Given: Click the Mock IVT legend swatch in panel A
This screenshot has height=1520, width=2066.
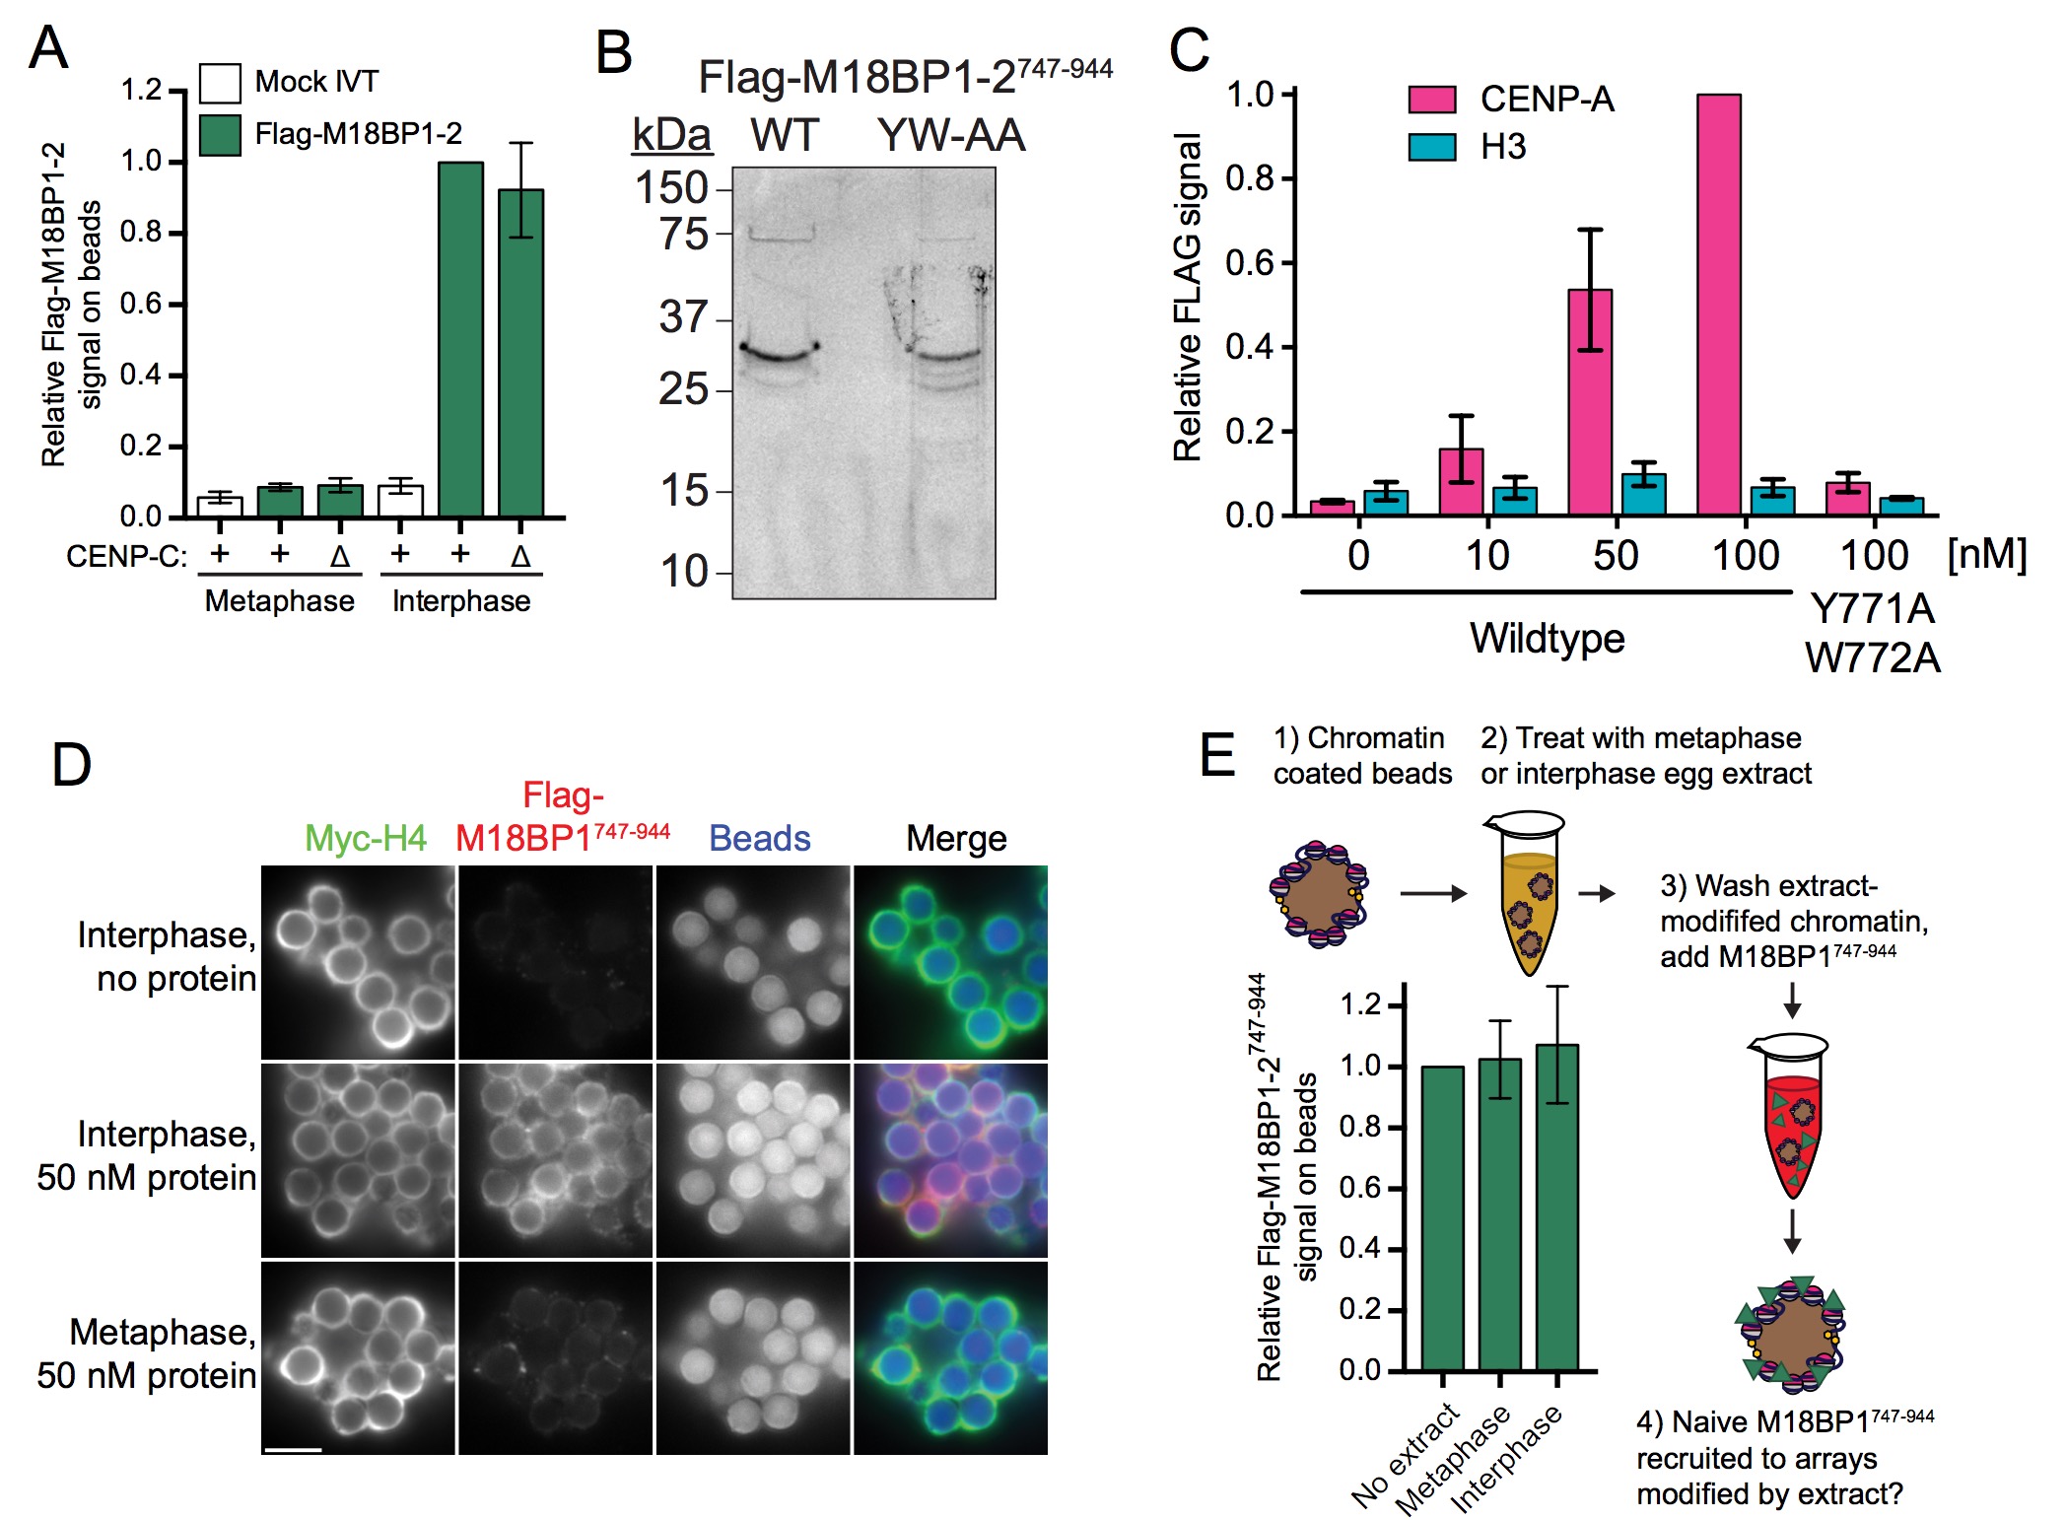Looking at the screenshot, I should pos(220,84).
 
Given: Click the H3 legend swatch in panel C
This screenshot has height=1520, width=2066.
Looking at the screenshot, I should pos(1431,147).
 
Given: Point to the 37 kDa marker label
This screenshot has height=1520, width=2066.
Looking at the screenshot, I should pos(683,317).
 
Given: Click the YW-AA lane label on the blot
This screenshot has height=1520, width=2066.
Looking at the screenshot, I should pos(951,135).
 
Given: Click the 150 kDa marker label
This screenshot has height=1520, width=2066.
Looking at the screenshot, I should pos(671,187).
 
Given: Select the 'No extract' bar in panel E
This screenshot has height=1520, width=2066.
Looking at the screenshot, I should pos(1442,1218).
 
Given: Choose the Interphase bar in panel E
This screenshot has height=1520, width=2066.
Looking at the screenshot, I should pos(1557,1208).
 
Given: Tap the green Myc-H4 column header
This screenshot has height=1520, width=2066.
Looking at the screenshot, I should pos(365,838).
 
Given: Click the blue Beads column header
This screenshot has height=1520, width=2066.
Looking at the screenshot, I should pos(759,838).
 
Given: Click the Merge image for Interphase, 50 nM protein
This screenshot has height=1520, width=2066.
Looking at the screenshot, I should pos(950,1160).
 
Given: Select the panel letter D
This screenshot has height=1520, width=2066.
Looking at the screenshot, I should pos(71,765).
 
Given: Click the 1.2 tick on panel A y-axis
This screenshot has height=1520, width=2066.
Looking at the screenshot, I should pos(140,91).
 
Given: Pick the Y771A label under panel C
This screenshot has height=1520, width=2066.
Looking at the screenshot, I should pos(1872,609).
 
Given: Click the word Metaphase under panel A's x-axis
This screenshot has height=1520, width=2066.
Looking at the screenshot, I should pos(279,601).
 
